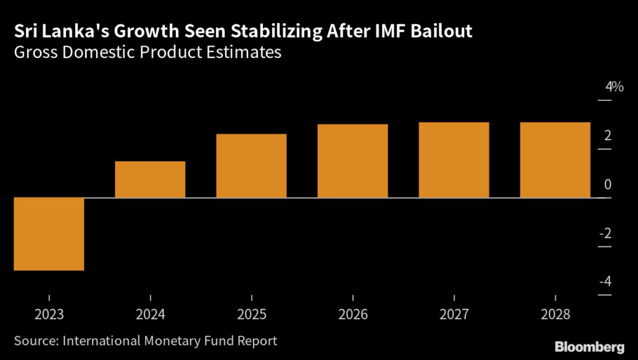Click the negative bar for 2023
(x=49, y=234)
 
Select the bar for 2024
(x=150, y=179)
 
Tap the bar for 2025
(x=251, y=166)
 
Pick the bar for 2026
(x=353, y=161)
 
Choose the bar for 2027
(x=454, y=160)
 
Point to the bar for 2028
(x=555, y=160)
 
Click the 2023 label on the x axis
(x=49, y=315)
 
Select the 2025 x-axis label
(x=251, y=315)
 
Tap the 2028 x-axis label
(x=555, y=315)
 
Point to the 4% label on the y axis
(x=614, y=87)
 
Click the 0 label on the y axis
(x=607, y=185)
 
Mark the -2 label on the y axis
(x=605, y=234)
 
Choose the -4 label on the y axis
(x=605, y=282)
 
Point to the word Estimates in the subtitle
(x=244, y=53)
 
